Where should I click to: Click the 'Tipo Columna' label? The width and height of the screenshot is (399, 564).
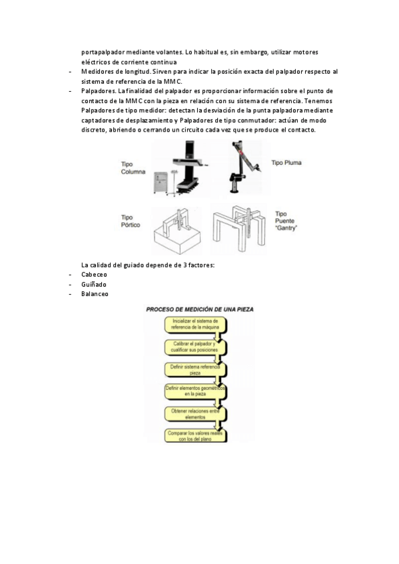[x=133, y=168]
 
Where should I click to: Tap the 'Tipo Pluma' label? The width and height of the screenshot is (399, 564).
[x=286, y=163]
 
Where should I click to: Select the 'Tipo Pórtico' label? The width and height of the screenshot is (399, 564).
[x=131, y=221]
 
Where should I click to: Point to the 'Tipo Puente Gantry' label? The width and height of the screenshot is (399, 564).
[x=286, y=221]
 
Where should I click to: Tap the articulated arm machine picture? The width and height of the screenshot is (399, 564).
[x=246, y=167]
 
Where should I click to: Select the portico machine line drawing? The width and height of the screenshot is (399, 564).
[x=177, y=231]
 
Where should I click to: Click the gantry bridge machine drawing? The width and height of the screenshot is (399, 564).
[x=239, y=228]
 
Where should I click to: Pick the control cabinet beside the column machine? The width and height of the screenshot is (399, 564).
[x=161, y=183]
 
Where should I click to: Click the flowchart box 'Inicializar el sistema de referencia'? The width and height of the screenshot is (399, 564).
[x=196, y=324]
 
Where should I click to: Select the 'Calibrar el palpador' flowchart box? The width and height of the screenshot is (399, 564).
[x=196, y=347]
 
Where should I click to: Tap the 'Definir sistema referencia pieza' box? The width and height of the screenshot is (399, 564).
[x=196, y=370]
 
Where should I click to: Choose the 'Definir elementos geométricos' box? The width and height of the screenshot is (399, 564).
[x=196, y=391]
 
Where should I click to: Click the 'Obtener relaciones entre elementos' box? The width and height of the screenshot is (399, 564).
[x=196, y=414]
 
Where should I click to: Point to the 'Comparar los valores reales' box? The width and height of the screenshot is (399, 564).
[x=196, y=436]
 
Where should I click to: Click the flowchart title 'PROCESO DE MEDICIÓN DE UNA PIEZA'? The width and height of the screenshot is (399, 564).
[x=200, y=309]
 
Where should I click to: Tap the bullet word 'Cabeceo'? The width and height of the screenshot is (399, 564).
[x=94, y=275]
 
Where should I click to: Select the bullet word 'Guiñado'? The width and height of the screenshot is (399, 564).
[x=94, y=285]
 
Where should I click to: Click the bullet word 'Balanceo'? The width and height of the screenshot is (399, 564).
[x=95, y=294]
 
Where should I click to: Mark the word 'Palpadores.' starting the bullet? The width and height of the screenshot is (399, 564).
[x=98, y=91]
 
